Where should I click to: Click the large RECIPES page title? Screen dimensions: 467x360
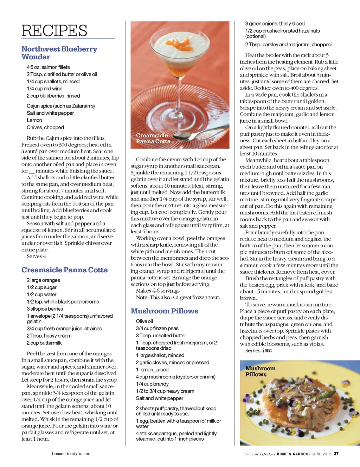[x=54, y=31]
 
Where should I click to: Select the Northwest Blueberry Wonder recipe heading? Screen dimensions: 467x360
[x=59, y=53]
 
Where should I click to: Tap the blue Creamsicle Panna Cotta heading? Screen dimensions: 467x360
[x=64, y=270]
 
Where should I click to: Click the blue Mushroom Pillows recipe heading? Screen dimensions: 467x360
[x=164, y=311]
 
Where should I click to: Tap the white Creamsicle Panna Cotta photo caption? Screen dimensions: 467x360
[x=153, y=138]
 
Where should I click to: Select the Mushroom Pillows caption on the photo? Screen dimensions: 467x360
[x=260, y=371]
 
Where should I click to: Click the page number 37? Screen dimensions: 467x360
[x=336, y=454]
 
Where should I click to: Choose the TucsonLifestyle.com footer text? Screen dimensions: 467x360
[x=70, y=454]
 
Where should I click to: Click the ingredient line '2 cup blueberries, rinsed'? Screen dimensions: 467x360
[x=53, y=96]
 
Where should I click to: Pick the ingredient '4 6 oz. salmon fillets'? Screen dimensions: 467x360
[x=48, y=67]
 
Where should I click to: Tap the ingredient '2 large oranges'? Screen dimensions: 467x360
[x=43, y=280]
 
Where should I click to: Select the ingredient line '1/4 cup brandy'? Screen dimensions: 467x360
[x=152, y=384]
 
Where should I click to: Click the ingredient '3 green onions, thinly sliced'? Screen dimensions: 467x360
[x=275, y=24]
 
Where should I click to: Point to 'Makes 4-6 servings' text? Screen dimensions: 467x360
[x=157, y=291]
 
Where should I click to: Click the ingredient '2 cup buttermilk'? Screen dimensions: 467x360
[x=44, y=343]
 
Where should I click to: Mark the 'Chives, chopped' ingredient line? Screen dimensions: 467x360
[x=45, y=128]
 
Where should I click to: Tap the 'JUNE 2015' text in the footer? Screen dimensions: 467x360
[x=322, y=454]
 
